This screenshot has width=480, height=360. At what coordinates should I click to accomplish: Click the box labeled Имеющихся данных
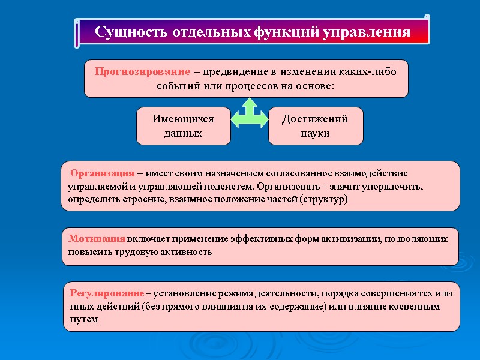click(183, 126)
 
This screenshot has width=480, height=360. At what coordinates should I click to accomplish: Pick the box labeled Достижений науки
click(315, 126)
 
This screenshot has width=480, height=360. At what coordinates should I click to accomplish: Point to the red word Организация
click(102, 173)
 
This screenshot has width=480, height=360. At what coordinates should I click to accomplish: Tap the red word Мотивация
click(97, 238)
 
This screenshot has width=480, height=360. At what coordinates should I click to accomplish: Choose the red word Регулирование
click(107, 293)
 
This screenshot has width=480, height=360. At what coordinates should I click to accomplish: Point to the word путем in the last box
click(83, 319)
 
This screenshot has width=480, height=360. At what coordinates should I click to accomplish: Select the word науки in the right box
click(315, 133)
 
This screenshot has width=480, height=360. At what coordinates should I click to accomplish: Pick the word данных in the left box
click(183, 133)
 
